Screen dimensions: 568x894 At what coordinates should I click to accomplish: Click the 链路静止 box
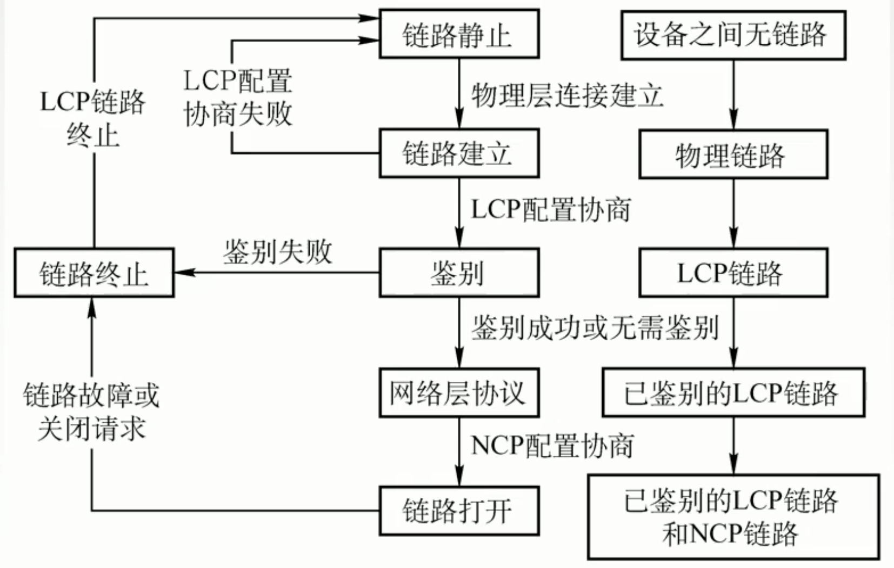tap(459, 33)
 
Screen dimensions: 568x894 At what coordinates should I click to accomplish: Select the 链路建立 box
tap(459, 153)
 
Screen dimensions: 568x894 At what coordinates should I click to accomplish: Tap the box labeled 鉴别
tap(459, 273)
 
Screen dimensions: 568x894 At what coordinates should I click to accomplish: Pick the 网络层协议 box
tap(459, 393)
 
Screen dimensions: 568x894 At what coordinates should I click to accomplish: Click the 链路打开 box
tap(459, 511)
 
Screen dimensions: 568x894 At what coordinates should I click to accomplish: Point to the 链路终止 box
tap(94, 273)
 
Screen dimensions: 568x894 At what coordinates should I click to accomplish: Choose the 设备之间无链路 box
tap(733, 35)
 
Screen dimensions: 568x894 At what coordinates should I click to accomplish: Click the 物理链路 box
tap(733, 154)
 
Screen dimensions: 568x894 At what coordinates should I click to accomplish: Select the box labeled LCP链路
tap(733, 273)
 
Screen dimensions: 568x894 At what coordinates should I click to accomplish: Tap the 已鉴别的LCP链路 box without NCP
tap(733, 393)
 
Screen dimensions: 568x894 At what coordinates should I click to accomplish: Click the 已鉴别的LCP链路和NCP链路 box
tap(733, 517)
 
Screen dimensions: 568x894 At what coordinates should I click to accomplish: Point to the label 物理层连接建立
tap(567, 96)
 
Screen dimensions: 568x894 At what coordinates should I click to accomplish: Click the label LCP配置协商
tap(551, 209)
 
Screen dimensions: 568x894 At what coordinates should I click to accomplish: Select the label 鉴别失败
tap(278, 252)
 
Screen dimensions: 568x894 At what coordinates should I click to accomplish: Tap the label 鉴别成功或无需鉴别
tap(595, 327)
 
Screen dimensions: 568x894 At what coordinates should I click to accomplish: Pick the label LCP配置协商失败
tap(238, 97)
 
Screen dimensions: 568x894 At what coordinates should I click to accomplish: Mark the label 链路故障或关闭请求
tap(91, 411)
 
